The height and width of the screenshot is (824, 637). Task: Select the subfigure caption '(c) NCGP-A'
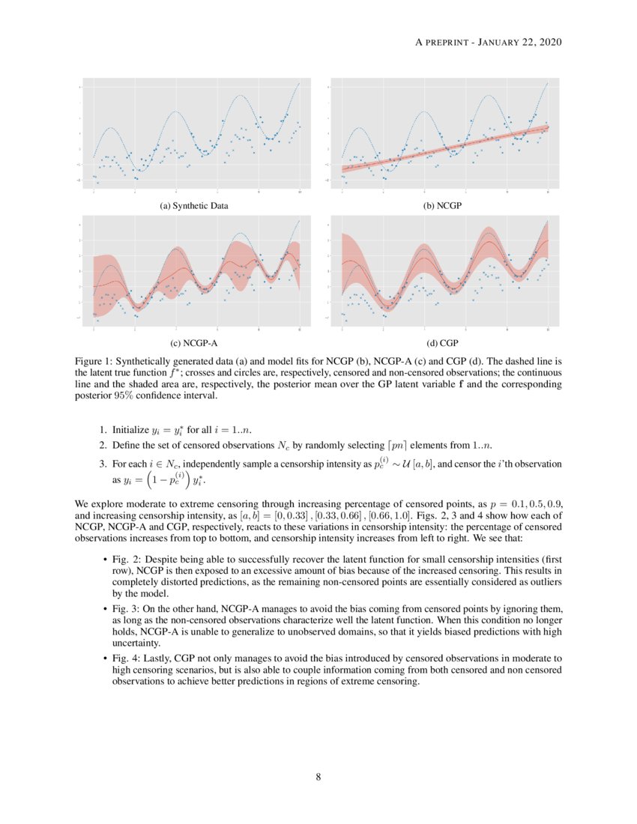tap(194, 344)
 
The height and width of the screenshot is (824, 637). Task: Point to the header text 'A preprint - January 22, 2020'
tap(488, 42)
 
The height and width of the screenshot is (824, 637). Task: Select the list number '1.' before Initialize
tap(104, 431)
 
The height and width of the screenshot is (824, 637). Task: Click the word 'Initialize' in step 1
tap(130, 431)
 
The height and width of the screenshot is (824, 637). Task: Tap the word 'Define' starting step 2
tap(126, 446)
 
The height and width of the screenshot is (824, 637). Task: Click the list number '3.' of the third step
tap(104, 464)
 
